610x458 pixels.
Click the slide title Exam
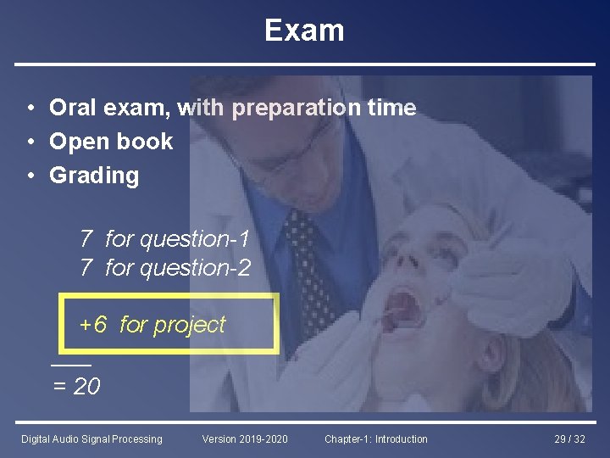click(x=304, y=31)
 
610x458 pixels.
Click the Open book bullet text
click(x=111, y=142)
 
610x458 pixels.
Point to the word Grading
click(x=94, y=176)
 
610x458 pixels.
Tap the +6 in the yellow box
click(x=92, y=324)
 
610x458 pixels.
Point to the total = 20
click(x=76, y=387)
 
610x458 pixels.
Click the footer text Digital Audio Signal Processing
click(x=91, y=439)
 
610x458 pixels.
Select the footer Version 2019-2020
click(x=245, y=439)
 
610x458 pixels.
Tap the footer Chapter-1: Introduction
click(x=376, y=439)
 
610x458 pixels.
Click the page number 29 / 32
click(x=569, y=439)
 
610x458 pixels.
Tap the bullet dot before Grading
click(x=30, y=176)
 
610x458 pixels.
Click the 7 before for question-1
click(x=86, y=240)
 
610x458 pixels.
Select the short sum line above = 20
click(x=70, y=365)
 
